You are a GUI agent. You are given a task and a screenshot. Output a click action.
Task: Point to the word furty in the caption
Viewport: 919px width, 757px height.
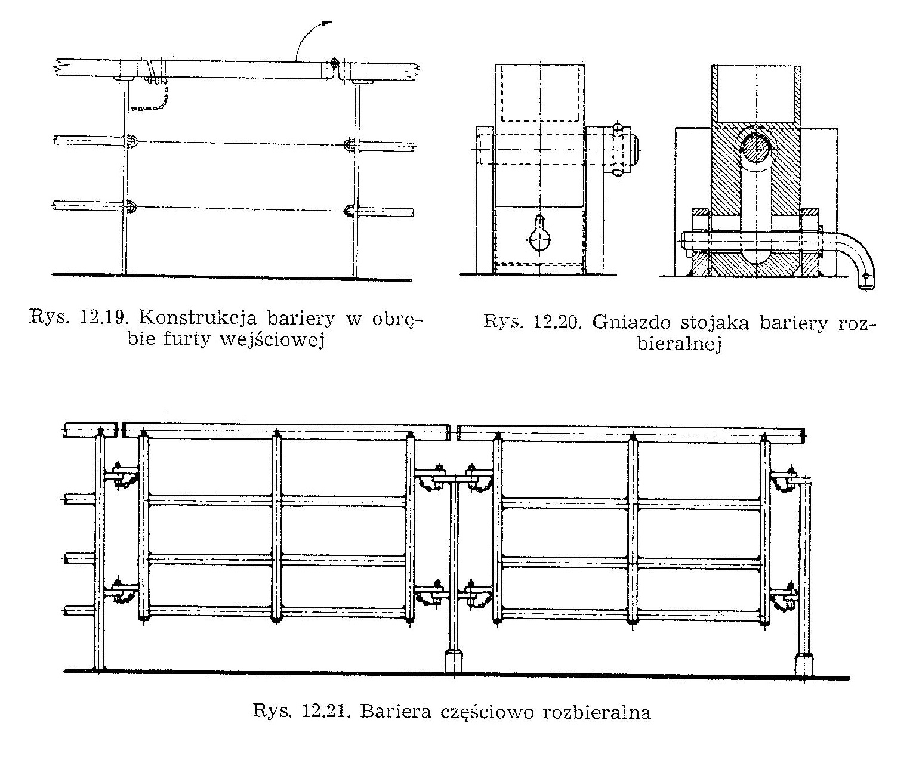point(192,341)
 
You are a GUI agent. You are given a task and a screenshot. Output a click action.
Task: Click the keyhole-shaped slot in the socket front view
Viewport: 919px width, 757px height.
point(539,234)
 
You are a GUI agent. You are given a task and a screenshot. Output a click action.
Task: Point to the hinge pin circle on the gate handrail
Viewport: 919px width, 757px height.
point(334,63)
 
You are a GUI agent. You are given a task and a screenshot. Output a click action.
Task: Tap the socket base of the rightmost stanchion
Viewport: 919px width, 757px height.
point(804,664)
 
